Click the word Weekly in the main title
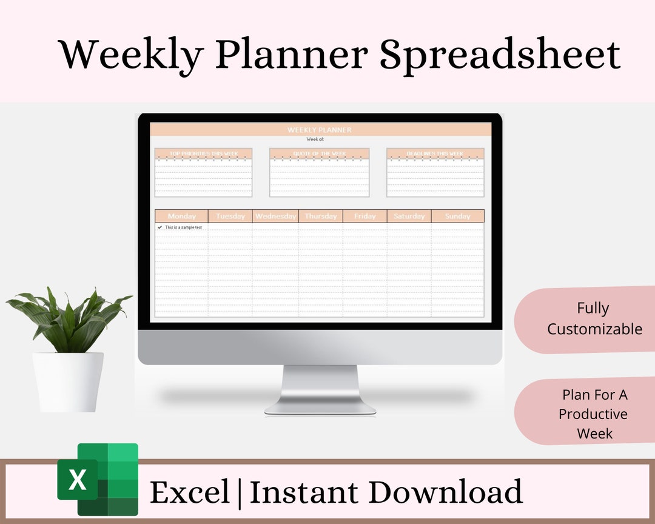131,55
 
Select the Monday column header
182,216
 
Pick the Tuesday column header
230,216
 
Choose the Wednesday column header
275,216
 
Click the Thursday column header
321,216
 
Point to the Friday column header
364,216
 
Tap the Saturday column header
409,216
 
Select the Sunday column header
457,216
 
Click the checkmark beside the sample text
160,227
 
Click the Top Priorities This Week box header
203,153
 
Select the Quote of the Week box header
320,153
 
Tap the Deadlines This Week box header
435,153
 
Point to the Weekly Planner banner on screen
320,130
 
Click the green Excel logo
98,479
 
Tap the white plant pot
68,381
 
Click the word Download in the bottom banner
445,492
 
